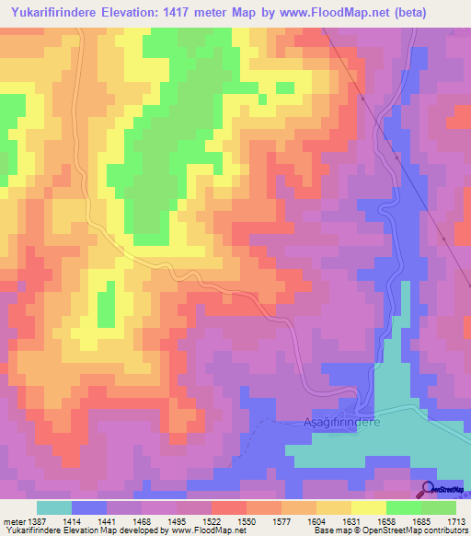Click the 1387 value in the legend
click(36, 521)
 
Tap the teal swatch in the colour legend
click(54, 507)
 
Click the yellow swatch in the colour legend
click(368, 507)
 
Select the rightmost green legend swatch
click(439, 507)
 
